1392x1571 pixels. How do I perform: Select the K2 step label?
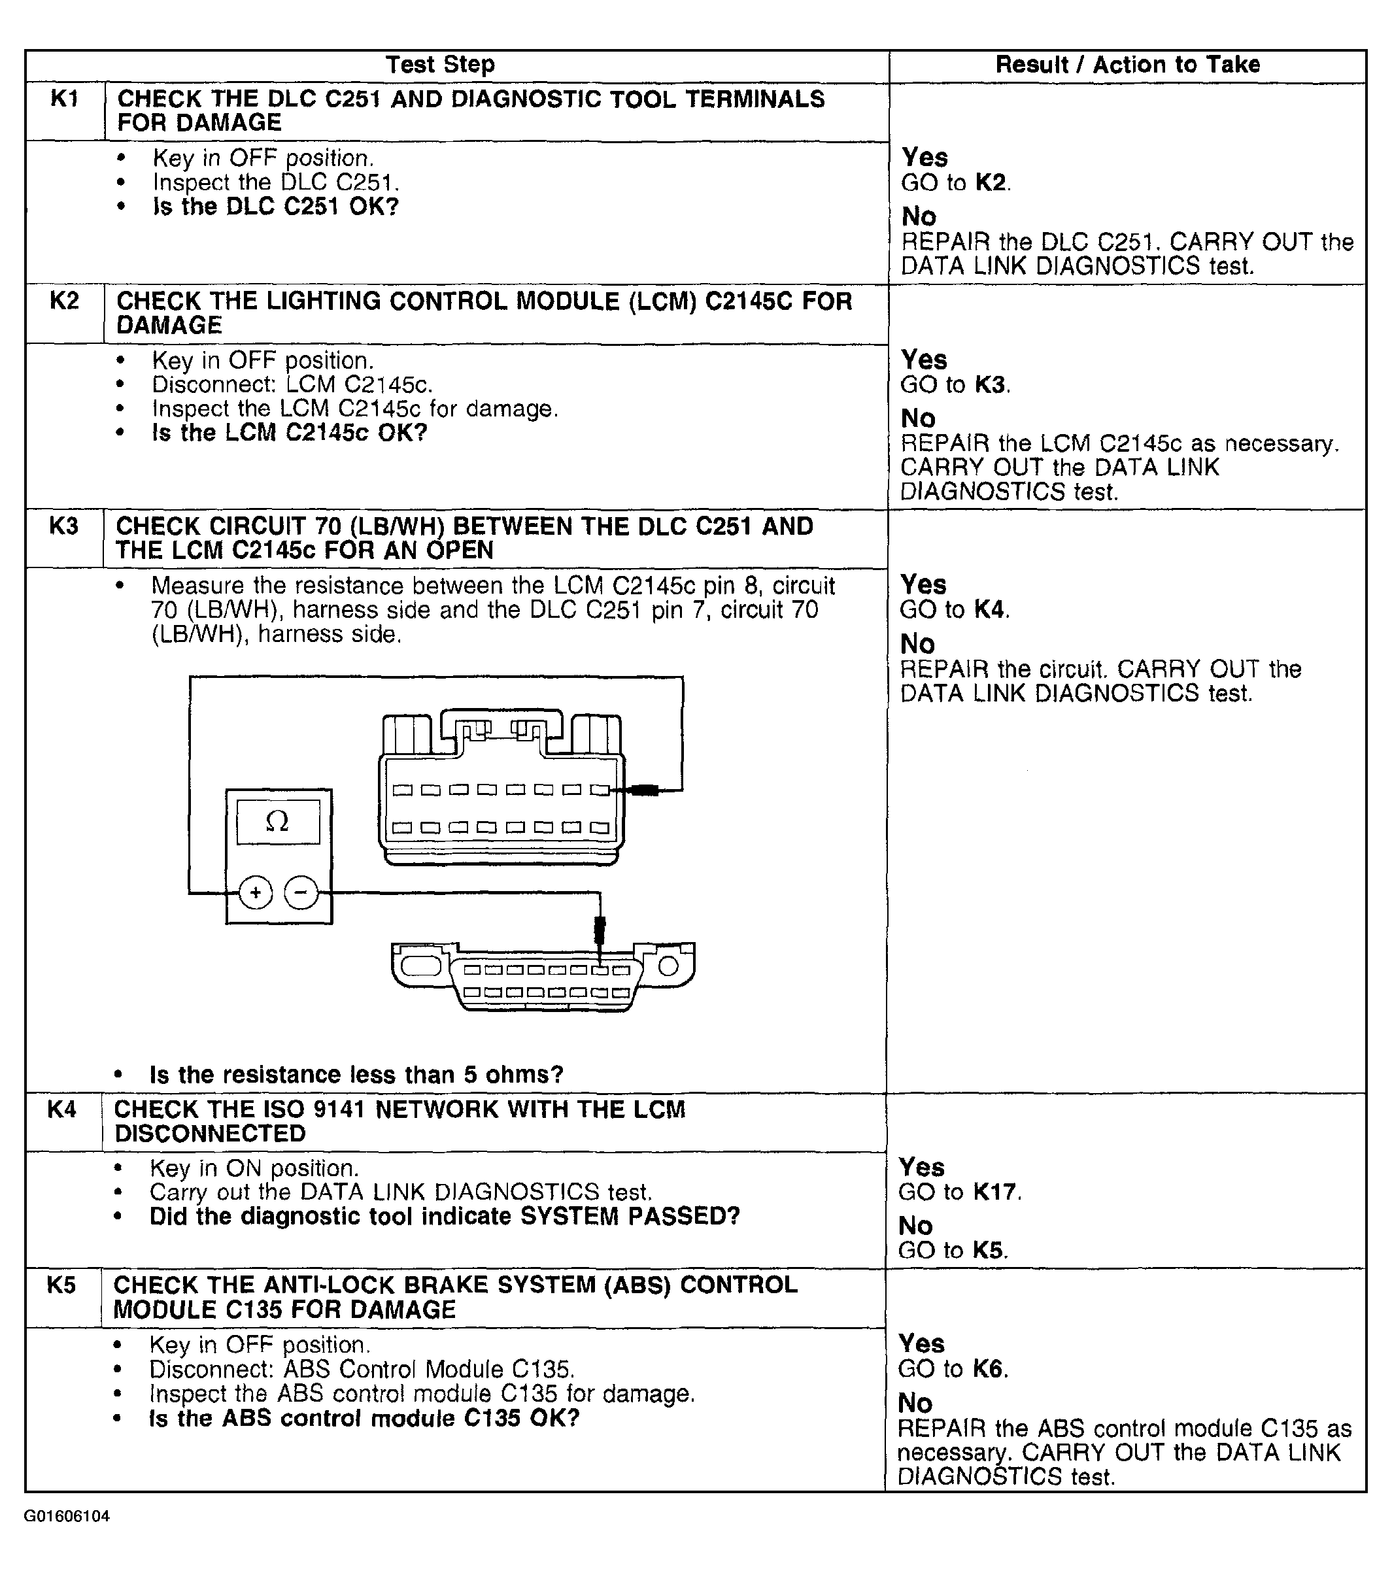[x=65, y=301]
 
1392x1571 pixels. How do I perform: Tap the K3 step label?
[x=64, y=526]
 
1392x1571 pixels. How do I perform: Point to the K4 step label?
[x=62, y=1109]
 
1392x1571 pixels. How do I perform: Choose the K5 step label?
[x=61, y=1285]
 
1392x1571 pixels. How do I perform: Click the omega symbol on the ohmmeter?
[x=277, y=822]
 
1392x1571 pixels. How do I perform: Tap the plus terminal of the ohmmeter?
[x=256, y=893]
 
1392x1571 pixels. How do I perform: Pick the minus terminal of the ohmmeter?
[x=301, y=893]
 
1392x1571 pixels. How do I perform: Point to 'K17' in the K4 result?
[x=996, y=1192]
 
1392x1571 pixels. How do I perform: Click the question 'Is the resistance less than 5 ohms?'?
[x=356, y=1075]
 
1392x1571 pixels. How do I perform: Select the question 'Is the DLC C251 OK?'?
[x=276, y=207]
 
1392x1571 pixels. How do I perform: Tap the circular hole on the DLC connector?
[x=668, y=966]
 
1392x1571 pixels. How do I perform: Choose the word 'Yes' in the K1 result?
[x=925, y=158]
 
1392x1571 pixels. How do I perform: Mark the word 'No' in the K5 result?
[x=915, y=1404]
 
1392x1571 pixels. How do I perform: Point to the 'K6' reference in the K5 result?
[x=989, y=1369]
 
